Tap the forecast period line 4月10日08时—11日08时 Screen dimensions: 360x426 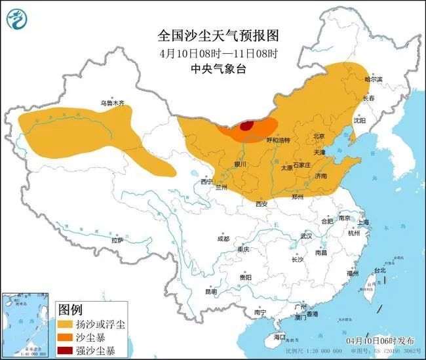[213, 52]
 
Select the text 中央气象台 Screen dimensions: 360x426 [213, 68]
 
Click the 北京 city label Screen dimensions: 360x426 [319, 136]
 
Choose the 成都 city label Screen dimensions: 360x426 [222, 239]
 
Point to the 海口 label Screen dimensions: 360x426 [280, 336]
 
